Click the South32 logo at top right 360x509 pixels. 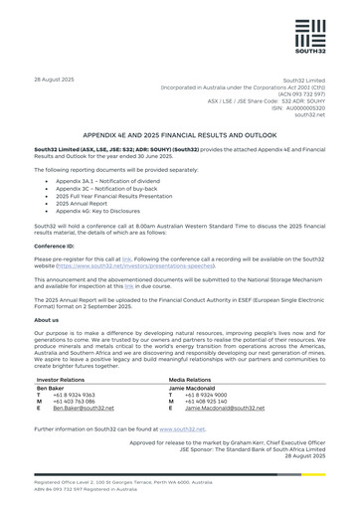tap(307, 41)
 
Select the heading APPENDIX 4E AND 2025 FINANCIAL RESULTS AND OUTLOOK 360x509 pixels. tap(180, 132)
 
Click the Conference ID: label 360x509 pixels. tap(56, 245)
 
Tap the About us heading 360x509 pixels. tap(46, 320)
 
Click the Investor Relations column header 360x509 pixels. tap(67, 379)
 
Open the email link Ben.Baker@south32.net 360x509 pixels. tap(85, 408)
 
